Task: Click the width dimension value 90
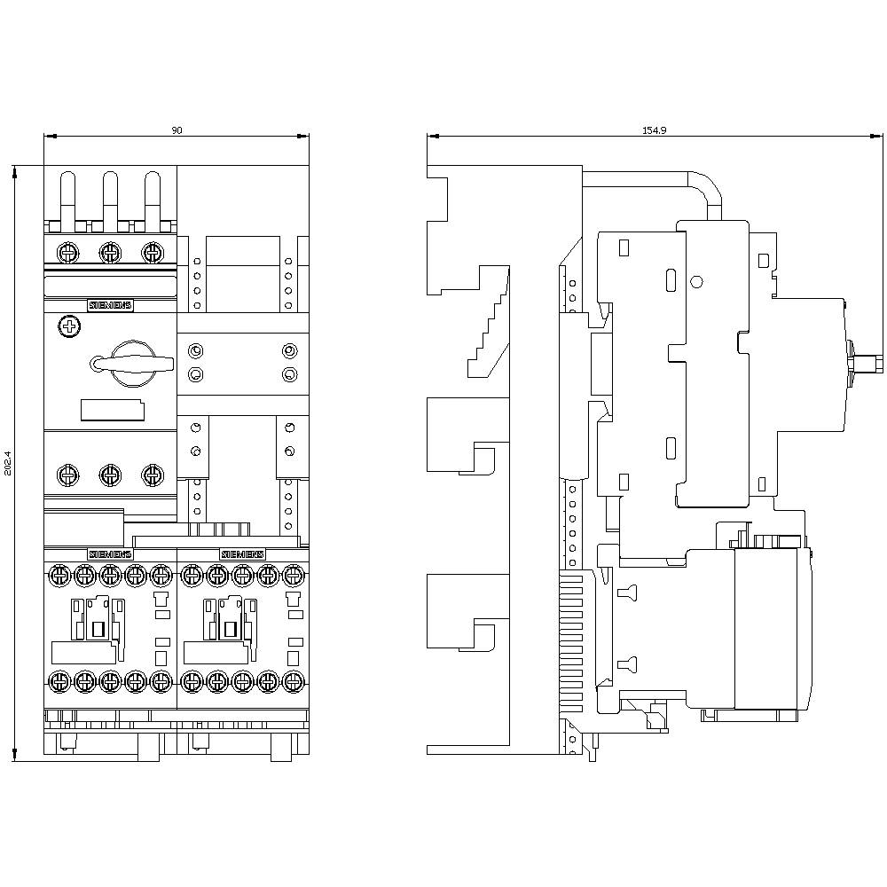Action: tap(177, 130)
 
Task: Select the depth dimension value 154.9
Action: tap(654, 130)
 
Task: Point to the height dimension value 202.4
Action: tap(9, 462)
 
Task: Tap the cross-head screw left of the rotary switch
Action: tap(68, 327)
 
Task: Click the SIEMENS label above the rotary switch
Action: tap(110, 305)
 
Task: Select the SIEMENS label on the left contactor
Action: tap(109, 553)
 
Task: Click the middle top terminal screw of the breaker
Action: tap(109, 252)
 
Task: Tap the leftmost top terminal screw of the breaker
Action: tap(67, 252)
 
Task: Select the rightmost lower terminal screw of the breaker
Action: tap(153, 475)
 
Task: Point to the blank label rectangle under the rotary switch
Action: tap(113, 409)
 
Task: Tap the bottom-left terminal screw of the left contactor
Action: tap(59, 682)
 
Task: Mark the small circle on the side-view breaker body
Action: tap(696, 282)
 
